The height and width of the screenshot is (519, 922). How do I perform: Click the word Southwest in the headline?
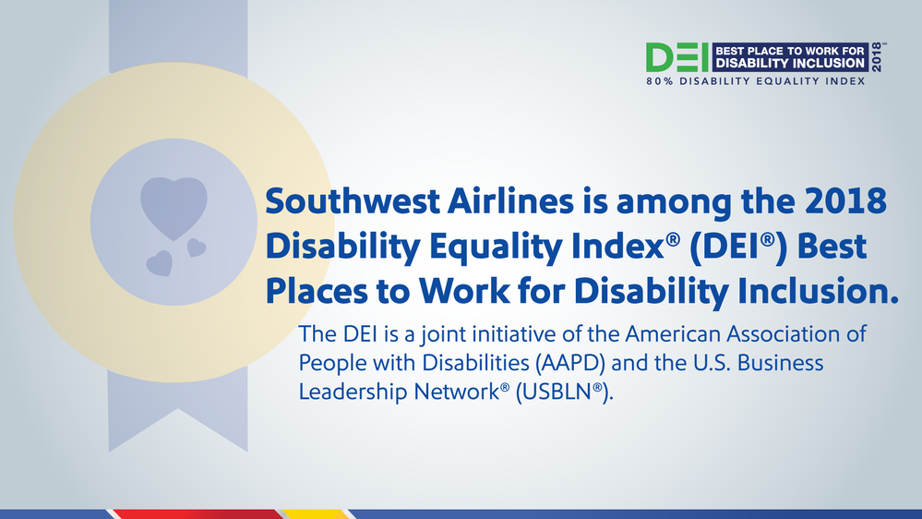click(353, 201)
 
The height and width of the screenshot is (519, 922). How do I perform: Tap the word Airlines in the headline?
click(510, 201)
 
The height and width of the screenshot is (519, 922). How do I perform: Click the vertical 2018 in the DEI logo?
click(877, 57)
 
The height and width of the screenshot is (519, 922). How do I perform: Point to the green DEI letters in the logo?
click(677, 57)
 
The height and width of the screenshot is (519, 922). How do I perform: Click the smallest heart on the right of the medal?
click(197, 247)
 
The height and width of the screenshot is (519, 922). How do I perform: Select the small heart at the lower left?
click(160, 263)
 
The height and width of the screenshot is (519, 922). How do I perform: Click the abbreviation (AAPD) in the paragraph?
click(569, 363)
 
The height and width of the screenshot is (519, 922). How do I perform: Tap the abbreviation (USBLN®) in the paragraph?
click(564, 392)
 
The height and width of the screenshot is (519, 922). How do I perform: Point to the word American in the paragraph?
click(672, 333)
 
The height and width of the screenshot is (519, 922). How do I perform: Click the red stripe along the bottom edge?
click(197, 514)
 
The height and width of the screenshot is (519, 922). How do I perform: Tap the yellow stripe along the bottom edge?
click(315, 514)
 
